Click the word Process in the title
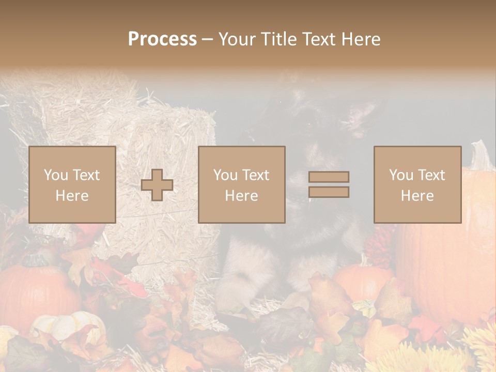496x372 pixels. coord(162,39)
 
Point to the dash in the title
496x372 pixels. coord(208,39)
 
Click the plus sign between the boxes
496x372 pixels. coord(157,185)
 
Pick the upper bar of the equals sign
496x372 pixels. coord(329,177)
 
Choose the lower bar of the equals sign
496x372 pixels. coord(329,192)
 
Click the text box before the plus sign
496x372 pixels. coord(72,184)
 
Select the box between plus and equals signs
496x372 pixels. coord(242,184)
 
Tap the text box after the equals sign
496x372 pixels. coord(417,184)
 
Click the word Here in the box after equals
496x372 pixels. coord(417,195)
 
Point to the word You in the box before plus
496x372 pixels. coord(56,175)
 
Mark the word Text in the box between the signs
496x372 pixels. coord(256,175)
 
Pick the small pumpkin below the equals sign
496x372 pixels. coord(362,282)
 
